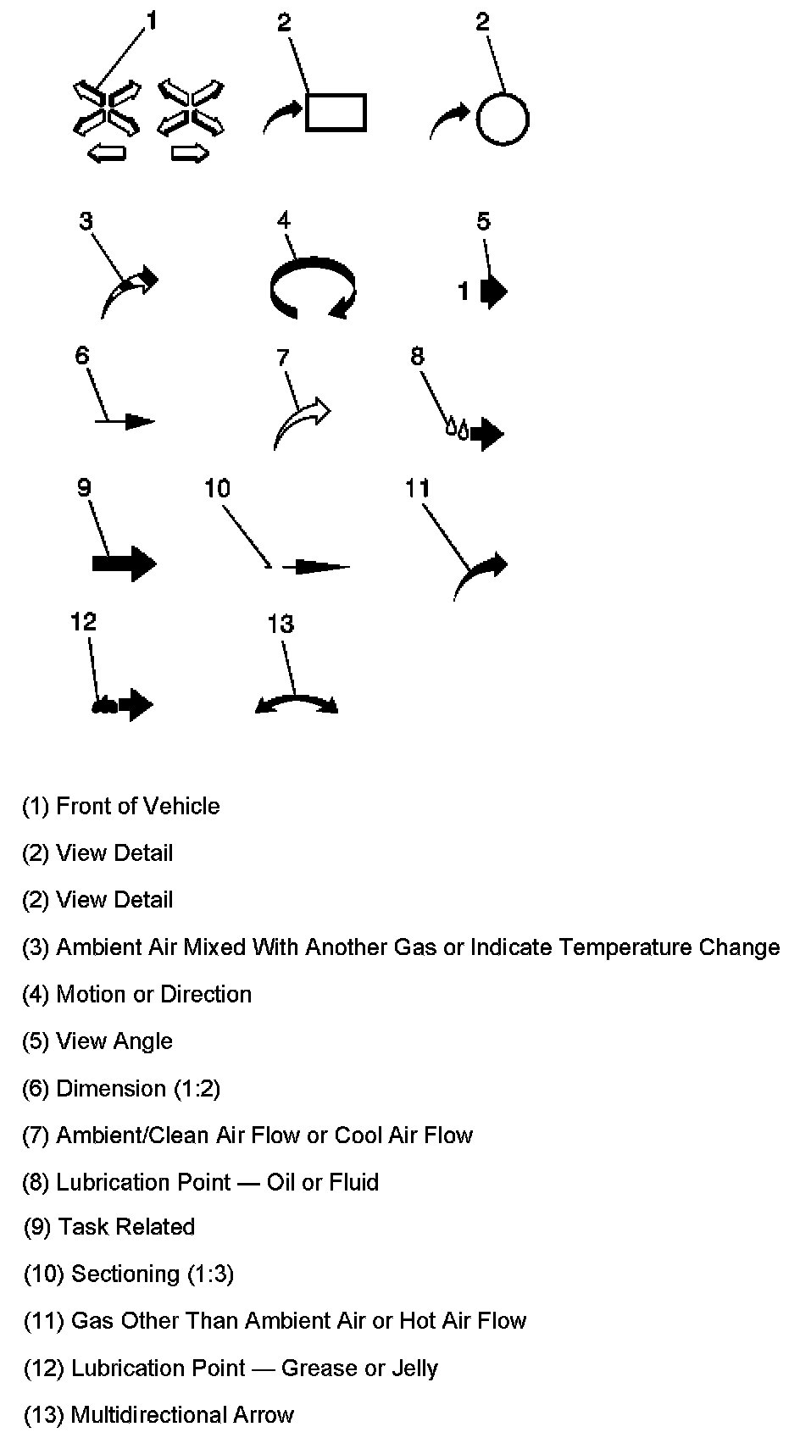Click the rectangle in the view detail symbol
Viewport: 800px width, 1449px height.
click(336, 113)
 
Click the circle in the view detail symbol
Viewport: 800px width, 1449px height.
click(503, 119)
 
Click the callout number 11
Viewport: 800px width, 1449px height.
click(418, 489)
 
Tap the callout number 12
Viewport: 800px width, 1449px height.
click(83, 622)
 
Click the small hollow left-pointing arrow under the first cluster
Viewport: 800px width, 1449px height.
click(107, 153)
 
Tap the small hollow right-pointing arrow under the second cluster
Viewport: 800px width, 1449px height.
click(190, 153)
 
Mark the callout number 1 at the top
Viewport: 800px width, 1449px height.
click(153, 20)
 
